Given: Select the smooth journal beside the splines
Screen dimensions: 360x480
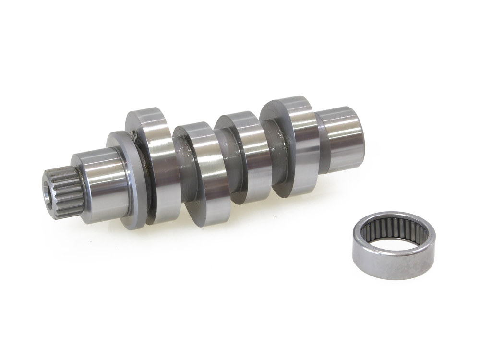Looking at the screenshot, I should [x=98, y=178].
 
